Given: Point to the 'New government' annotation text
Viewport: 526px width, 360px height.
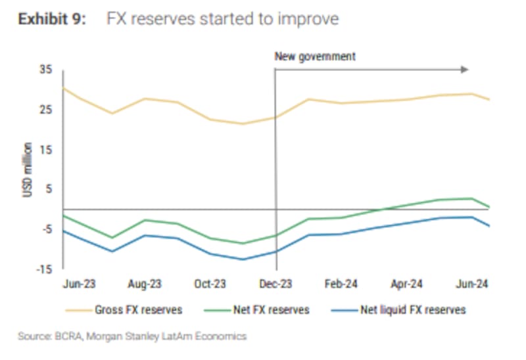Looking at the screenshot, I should pos(315,56).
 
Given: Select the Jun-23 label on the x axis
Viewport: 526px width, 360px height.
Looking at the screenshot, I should pos(80,284).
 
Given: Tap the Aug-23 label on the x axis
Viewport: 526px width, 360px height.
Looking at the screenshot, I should pos(145,284).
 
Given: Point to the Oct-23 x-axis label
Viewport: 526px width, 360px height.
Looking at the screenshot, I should pos(210,284).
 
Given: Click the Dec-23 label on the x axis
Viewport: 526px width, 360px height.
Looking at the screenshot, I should pos(276,284).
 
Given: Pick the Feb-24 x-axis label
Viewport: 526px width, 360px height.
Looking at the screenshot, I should pos(342,284).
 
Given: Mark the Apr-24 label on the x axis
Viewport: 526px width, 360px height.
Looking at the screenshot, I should pos(407,284).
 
